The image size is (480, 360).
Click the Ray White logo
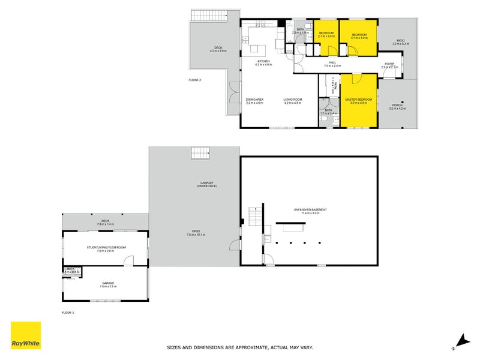click(26, 335)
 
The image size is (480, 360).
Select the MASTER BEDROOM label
click(358, 100)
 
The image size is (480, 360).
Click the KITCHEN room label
click(263, 61)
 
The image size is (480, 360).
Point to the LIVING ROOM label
click(292, 100)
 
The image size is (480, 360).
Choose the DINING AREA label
click(255, 100)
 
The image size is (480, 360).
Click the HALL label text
click(332, 62)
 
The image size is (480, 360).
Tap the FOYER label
click(389, 64)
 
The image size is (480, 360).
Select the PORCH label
click(398, 106)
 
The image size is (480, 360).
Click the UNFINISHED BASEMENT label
click(310, 209)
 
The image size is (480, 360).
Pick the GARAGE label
click(108, 283)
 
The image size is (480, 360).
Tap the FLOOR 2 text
click(194, 80)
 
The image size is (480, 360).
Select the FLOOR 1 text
click(68, 313)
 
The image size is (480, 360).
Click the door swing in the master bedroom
click(356, 79)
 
